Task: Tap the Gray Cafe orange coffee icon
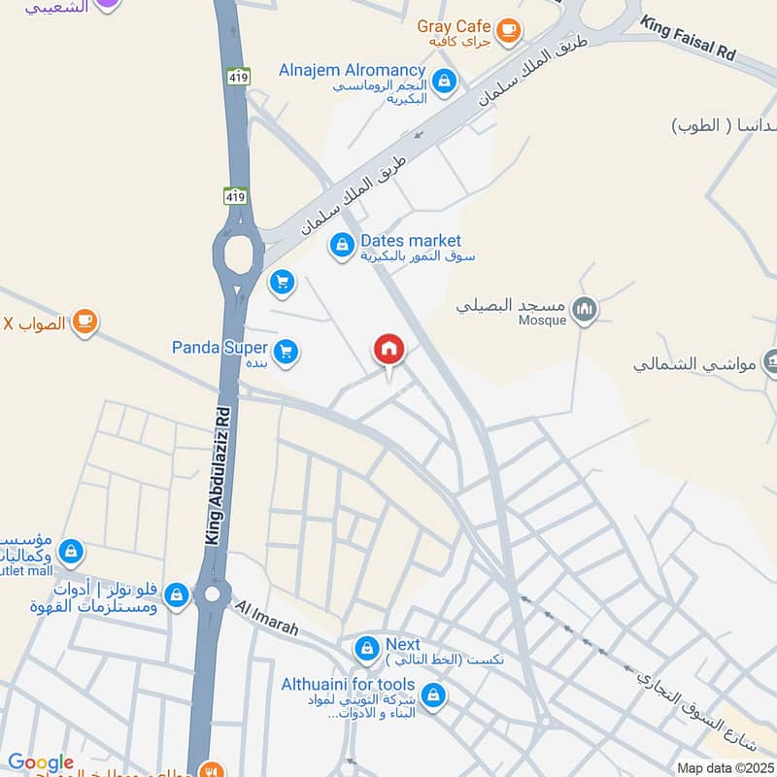(x=507, y=31)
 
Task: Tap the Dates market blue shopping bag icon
(x=341, y=246)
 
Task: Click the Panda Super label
(x=220, y=347)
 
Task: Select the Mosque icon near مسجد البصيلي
(x=584, y=311)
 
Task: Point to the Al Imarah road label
(x=268, y=619)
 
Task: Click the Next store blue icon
(x=366, y=647)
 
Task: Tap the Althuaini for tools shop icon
(x=434, y=694)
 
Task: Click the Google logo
(x=41, y=762)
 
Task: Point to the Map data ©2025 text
(x=725, y=768)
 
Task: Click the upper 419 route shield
(x=239, y=76)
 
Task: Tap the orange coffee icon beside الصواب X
(x=85, y=321)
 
